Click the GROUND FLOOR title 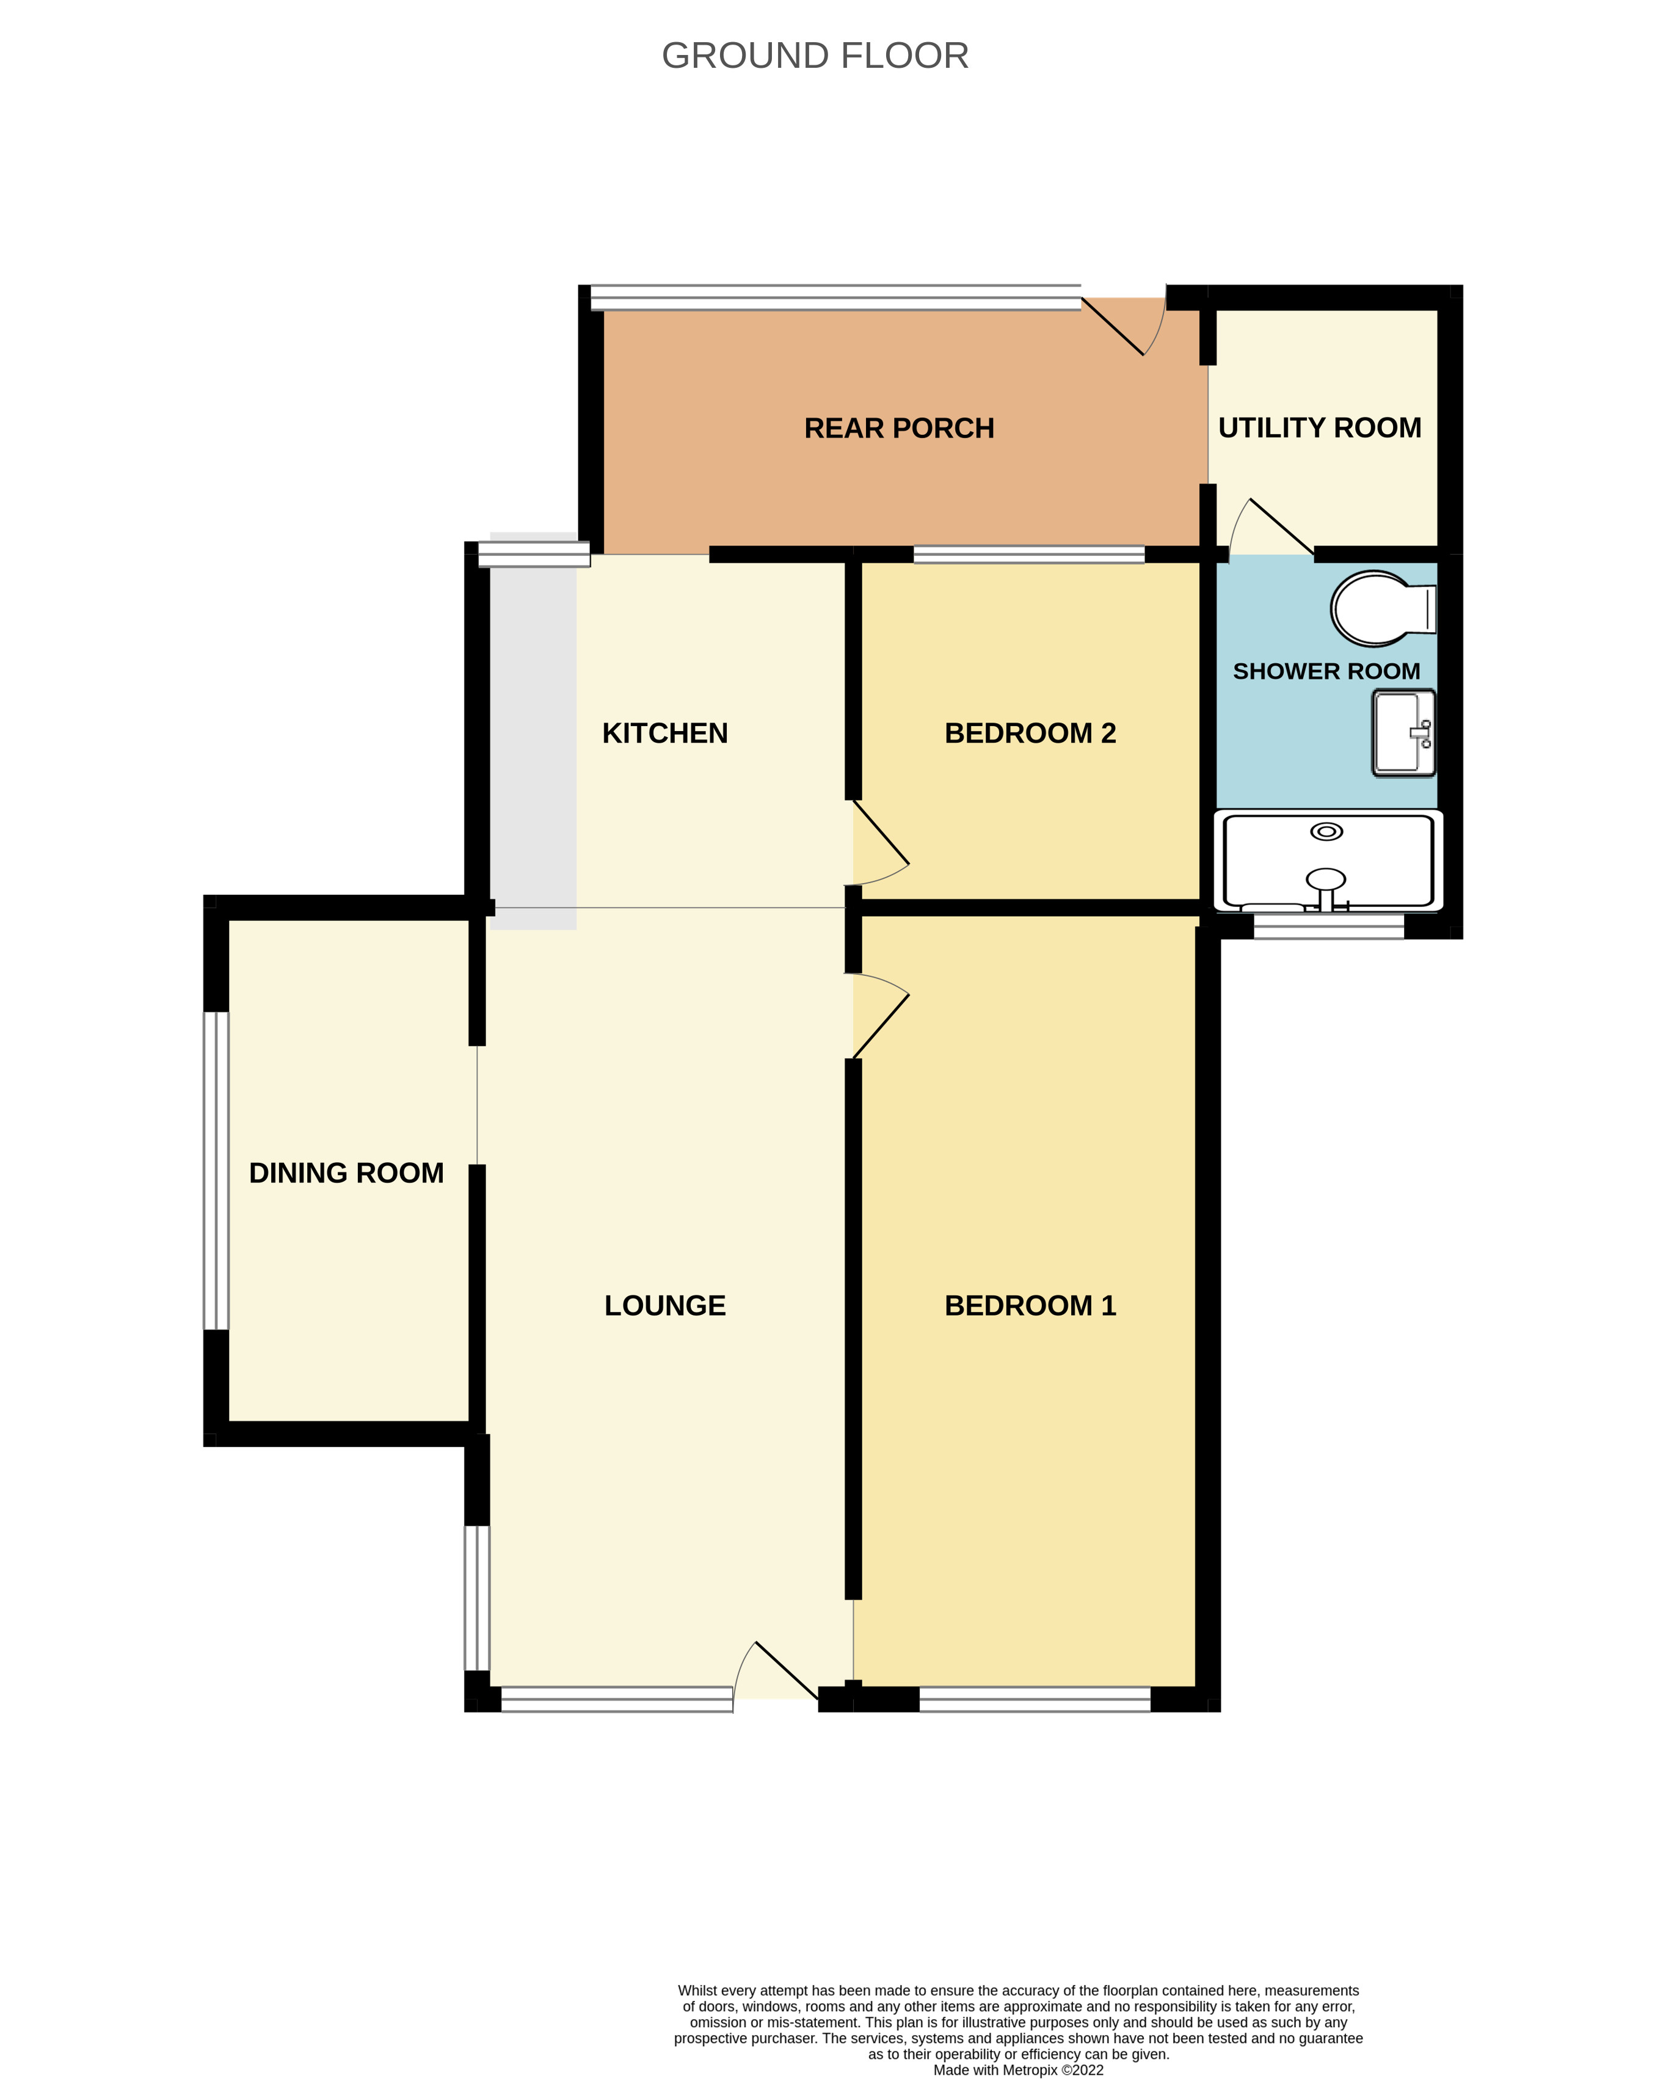pyautogui.click(x=815, y=56)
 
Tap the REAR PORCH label pyautogui.click(x=898, y=428)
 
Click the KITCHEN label pyautogui.click(x=664, y=733)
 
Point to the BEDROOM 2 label pyautogui.click(x=1030, y=733)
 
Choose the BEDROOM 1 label pyautogui.click(x=1030, y=1306)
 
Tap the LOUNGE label pyautogui.click(x=664, y=1306)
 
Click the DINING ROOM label pyautogui.click(x=346, y=1173)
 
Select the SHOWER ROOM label pyautogui.click(x=1326, y=671)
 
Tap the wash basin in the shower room pyautogui.click(x=1403, y=733)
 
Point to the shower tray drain pyautogui.click(x=1326, y=831)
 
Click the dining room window pyautogui.click(x=216, y=1171)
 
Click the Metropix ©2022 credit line pyautogui.click(x=1018, y=2069)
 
